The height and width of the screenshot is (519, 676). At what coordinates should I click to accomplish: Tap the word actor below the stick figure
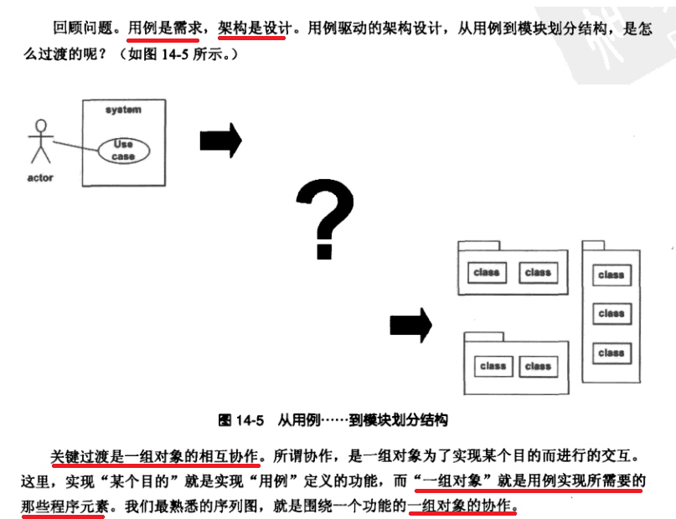click(40, 177)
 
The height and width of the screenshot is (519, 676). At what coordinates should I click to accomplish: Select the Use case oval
click(123, 150)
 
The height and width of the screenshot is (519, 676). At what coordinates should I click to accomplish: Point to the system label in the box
click(123, 110)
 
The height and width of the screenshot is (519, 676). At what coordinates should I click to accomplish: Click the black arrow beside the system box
click(220, 140)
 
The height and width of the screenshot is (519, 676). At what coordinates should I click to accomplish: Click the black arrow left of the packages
click(410, 325)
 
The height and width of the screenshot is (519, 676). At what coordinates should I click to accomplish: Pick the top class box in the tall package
click(611, 275)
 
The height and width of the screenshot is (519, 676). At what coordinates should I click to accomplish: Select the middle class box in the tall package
click(611, 314)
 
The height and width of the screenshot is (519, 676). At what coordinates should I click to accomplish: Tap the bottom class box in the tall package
click(611, 353)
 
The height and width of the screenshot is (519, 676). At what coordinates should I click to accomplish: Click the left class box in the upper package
click(486, 272)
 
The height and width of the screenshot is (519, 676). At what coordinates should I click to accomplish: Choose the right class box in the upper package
click(538, 272)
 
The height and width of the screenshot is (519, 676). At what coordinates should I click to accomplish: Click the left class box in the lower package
click(493, 366)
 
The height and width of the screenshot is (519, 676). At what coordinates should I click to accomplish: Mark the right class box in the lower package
click(538, 366)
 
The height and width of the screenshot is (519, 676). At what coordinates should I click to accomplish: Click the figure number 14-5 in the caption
click(250, 419)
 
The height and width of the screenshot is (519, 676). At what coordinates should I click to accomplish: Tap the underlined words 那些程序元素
click(64, 506)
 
